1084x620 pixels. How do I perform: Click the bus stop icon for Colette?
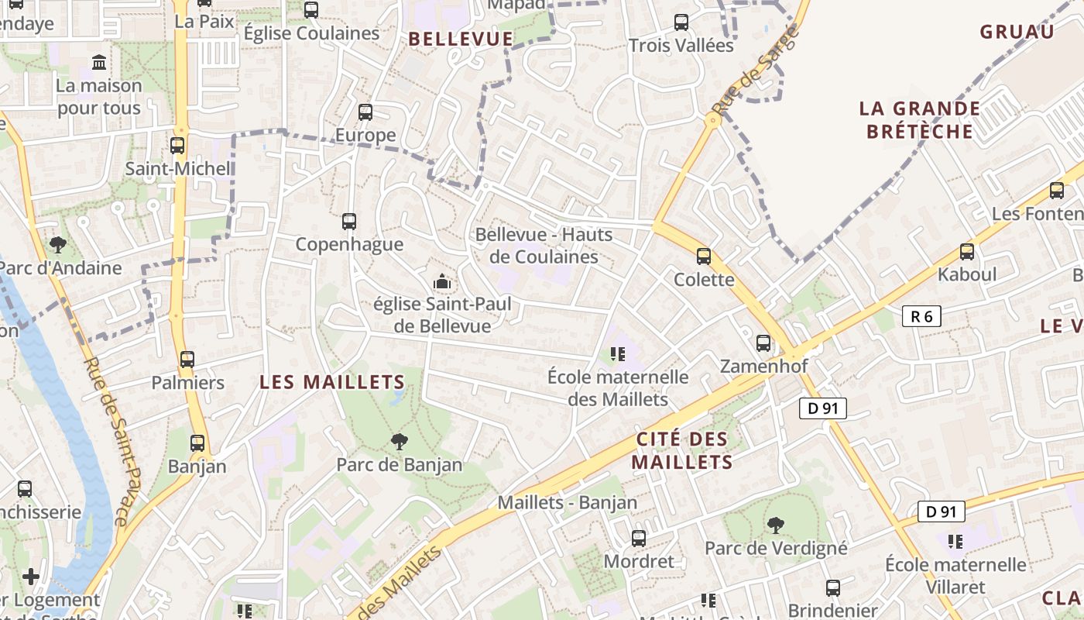pyautogui.click(x=704, y=256)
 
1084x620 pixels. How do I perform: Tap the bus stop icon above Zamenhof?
pyautogui.click(x=763, y=343)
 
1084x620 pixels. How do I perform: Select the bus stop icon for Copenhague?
pyautogui.click(x=349, y=222)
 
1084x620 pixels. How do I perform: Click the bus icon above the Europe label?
pyautogui.click(x=365, y=112)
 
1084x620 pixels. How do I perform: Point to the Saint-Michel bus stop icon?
pyautogui.click(x=177, y=145)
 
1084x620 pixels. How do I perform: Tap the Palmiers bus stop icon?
pyautogui.click(x=187, y=360)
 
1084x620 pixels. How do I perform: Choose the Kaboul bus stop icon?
pyautogui.click(x=967, y=251)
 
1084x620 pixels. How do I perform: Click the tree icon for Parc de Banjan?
pyautogui.click(x=400, y=442)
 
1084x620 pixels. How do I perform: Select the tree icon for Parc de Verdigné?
pyautogui.click(x=776, y=525)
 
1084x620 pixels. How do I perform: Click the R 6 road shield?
pyautogui.click(x=921, y=316)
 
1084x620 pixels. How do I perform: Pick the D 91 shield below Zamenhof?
pyautogui.click(x=822, y=408)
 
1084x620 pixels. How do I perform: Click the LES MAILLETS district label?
pyautogui.click(x=332, y=382)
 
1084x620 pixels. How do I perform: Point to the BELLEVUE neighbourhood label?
pyautogui.click(x=461, y=39)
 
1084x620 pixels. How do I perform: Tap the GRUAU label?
pyautogui.click(x=1017, y=32)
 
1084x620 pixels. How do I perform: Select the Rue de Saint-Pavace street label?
pyautogui.click(x=113, y=442)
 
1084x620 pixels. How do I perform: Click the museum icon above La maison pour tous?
pyautogui.click(x=99, y=62)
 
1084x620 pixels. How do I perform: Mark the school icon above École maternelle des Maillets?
pyautogui.click(x=618, y=354)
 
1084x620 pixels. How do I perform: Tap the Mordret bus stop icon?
pyautogui.click(x=639, y=538)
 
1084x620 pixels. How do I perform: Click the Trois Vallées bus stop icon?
pyautogui.click(x=681, y=22)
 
